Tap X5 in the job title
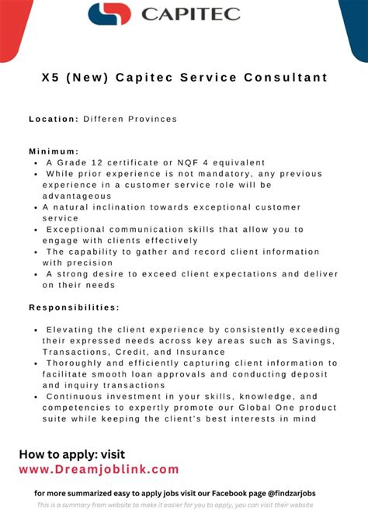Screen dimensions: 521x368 [x=52, y=78]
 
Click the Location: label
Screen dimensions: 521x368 [x=54, y=119]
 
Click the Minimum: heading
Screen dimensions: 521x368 [x=54, y=151]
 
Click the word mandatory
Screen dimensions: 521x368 [x=209, y=174]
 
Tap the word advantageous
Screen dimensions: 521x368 [x=78, y=196]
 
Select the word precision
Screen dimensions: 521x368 [x=90, y=262]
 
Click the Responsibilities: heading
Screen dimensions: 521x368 [x=74, y=307]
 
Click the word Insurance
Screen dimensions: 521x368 [x=198, y=352]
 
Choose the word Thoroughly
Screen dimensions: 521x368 [x=78, y=363]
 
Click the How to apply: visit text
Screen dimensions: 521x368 [x=71, y=454]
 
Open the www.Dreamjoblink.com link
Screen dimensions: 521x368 [x=99, y=469]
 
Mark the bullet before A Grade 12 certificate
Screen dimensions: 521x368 [x=36, y=163]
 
